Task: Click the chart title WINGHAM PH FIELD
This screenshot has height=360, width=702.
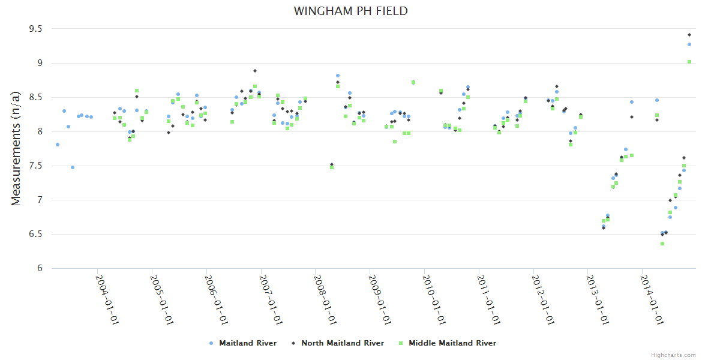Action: pos(350,11)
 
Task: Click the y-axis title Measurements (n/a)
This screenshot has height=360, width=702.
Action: pos(16,148)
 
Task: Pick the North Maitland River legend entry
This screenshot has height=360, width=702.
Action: pos(338,343)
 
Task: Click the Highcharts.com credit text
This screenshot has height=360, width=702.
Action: pos(673,355)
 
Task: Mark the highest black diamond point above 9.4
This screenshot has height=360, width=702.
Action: pos(689,35)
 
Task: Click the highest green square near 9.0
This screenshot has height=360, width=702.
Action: pos(689,61)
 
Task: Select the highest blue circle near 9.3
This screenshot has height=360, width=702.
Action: pos(689,44)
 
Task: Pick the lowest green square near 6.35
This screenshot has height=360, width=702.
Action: pos(662,244)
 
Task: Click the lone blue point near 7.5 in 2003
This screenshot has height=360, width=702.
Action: pos(73,167)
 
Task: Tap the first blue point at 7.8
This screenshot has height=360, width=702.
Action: pos(58,145)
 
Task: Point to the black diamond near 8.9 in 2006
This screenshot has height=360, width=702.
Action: pos(255,71)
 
